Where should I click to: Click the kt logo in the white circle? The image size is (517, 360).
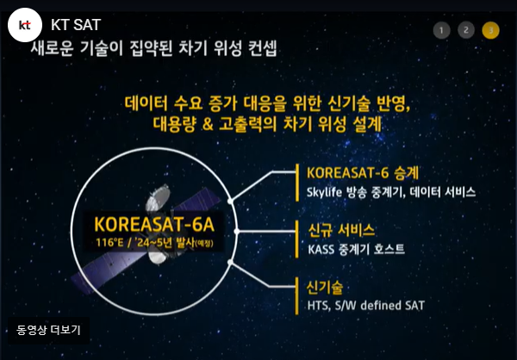point(25,26)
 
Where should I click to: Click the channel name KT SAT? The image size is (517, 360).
point(75,25)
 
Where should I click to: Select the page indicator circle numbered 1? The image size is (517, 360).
point(442,30)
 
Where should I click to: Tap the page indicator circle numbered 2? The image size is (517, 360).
point(466,30)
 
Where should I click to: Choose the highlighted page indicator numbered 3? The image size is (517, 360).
point(490,30)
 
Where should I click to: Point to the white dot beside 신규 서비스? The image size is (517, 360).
point(247,231)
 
